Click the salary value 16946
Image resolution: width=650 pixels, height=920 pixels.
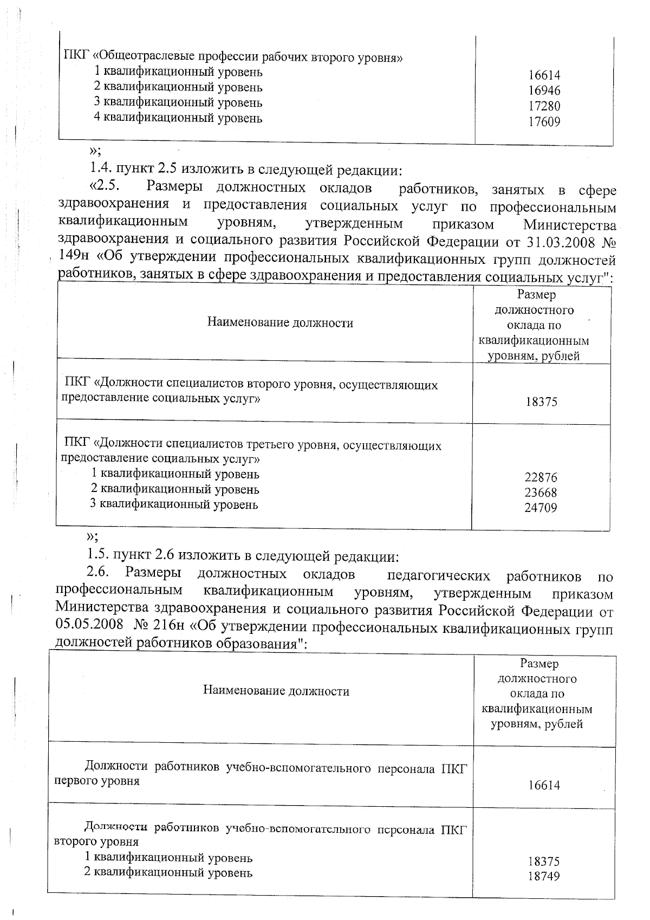(x=544, y=90)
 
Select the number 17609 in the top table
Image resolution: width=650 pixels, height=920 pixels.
(x=544, y=122)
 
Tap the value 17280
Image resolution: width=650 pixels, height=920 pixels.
(x=544, y=106)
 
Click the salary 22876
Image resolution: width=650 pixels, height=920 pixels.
(x=541, y=478)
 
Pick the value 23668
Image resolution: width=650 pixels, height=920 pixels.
(x=541, y=493)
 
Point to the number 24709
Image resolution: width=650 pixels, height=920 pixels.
(x=541, y=508)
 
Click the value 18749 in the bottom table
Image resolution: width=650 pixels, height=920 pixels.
(x=544, y=877)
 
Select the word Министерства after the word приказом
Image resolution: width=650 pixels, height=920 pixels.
(x=569, y=224)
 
